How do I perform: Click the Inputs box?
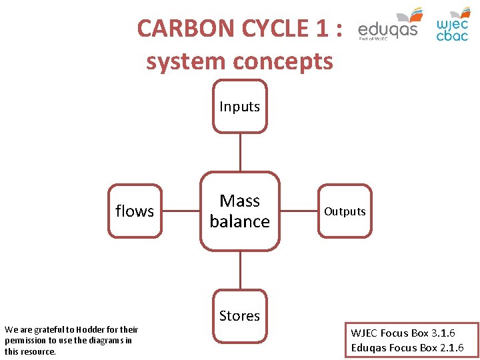[x=239, y=107]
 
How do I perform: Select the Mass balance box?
[x=239, y=211]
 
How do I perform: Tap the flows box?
[x=135, y=211]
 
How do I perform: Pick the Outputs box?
[x=345, y=211]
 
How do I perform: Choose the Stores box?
[x=239, y=315]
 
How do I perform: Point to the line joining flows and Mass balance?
[x=181, y=211]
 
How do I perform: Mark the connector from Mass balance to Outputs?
[x=299, y=211]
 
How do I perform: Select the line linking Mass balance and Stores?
[x=240, y=270]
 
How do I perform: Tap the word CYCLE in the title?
[x=265, y=29]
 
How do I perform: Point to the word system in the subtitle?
[x=183, y=61]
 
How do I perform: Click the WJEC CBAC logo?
[x=453, y=25]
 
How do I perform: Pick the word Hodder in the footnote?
[x=93, y=329]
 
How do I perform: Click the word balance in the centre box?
[x=239, y=221]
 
